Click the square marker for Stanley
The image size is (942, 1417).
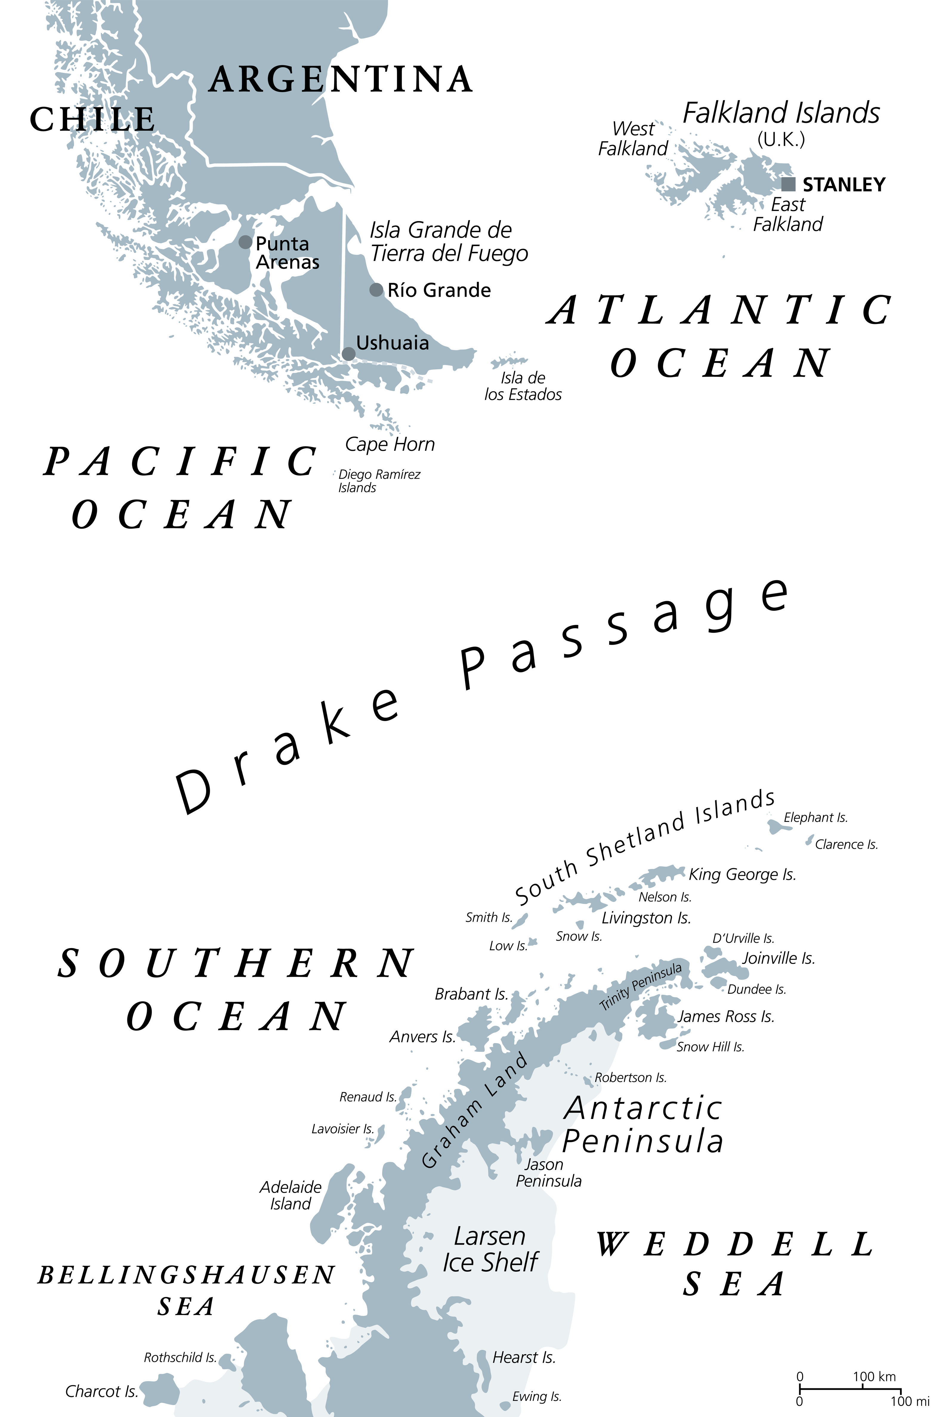788,184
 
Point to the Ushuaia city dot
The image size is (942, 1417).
348,354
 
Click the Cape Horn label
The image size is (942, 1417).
390,444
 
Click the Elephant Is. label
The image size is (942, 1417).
815,817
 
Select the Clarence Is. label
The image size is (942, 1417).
846,845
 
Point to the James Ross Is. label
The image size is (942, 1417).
726,1016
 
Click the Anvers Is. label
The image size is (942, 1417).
422,1037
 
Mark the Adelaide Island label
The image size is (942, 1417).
291,1195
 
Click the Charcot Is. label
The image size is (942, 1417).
101,1392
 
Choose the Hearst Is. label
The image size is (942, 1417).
524,1358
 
